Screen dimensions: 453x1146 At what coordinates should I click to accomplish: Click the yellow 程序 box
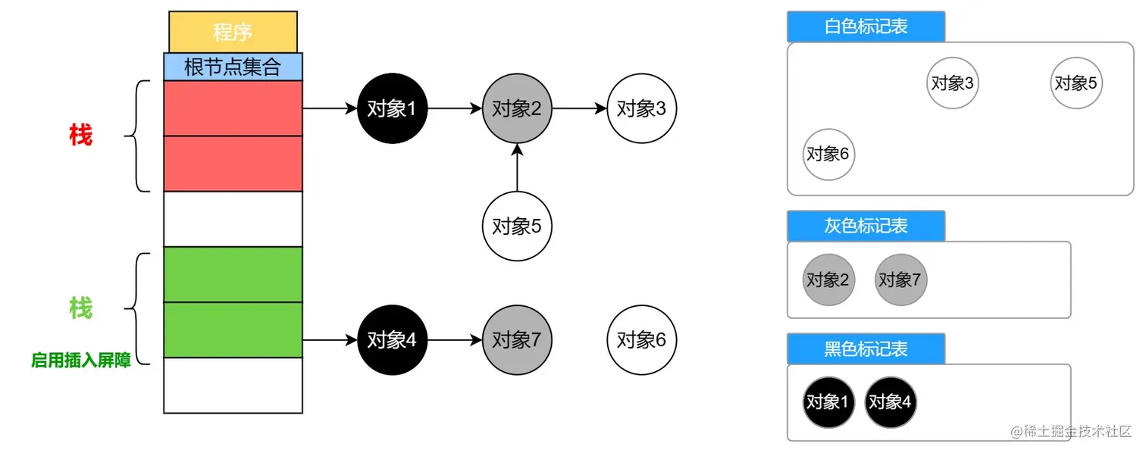233,32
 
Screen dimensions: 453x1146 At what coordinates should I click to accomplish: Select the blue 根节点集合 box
233,67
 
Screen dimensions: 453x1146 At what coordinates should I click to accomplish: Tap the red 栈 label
80,136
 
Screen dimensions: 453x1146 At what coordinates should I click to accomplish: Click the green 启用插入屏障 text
81,361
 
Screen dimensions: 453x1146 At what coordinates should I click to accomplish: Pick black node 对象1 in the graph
392,108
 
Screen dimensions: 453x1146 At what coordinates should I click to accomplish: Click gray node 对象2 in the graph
517,108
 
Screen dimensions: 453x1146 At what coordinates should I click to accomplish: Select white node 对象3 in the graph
641,108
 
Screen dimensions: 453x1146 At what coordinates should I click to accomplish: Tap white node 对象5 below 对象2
517,225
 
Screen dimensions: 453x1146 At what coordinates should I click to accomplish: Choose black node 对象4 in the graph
392,340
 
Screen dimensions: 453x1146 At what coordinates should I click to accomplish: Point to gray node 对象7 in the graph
517,340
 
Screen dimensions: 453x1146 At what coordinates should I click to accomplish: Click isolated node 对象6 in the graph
641,340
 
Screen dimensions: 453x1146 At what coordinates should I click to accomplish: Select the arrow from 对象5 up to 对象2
517,167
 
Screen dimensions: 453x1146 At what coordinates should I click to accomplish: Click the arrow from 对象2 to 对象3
579,108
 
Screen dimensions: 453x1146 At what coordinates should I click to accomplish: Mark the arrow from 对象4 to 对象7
454,340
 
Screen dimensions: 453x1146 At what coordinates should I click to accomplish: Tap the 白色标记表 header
866,27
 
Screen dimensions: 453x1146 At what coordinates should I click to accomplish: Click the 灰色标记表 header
866,226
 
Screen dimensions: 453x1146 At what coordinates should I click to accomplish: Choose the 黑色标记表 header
866,348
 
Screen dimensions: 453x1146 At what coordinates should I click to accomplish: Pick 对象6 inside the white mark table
828,154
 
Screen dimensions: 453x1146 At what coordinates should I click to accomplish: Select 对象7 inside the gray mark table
900,280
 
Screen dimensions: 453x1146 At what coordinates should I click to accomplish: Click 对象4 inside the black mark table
890,402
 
